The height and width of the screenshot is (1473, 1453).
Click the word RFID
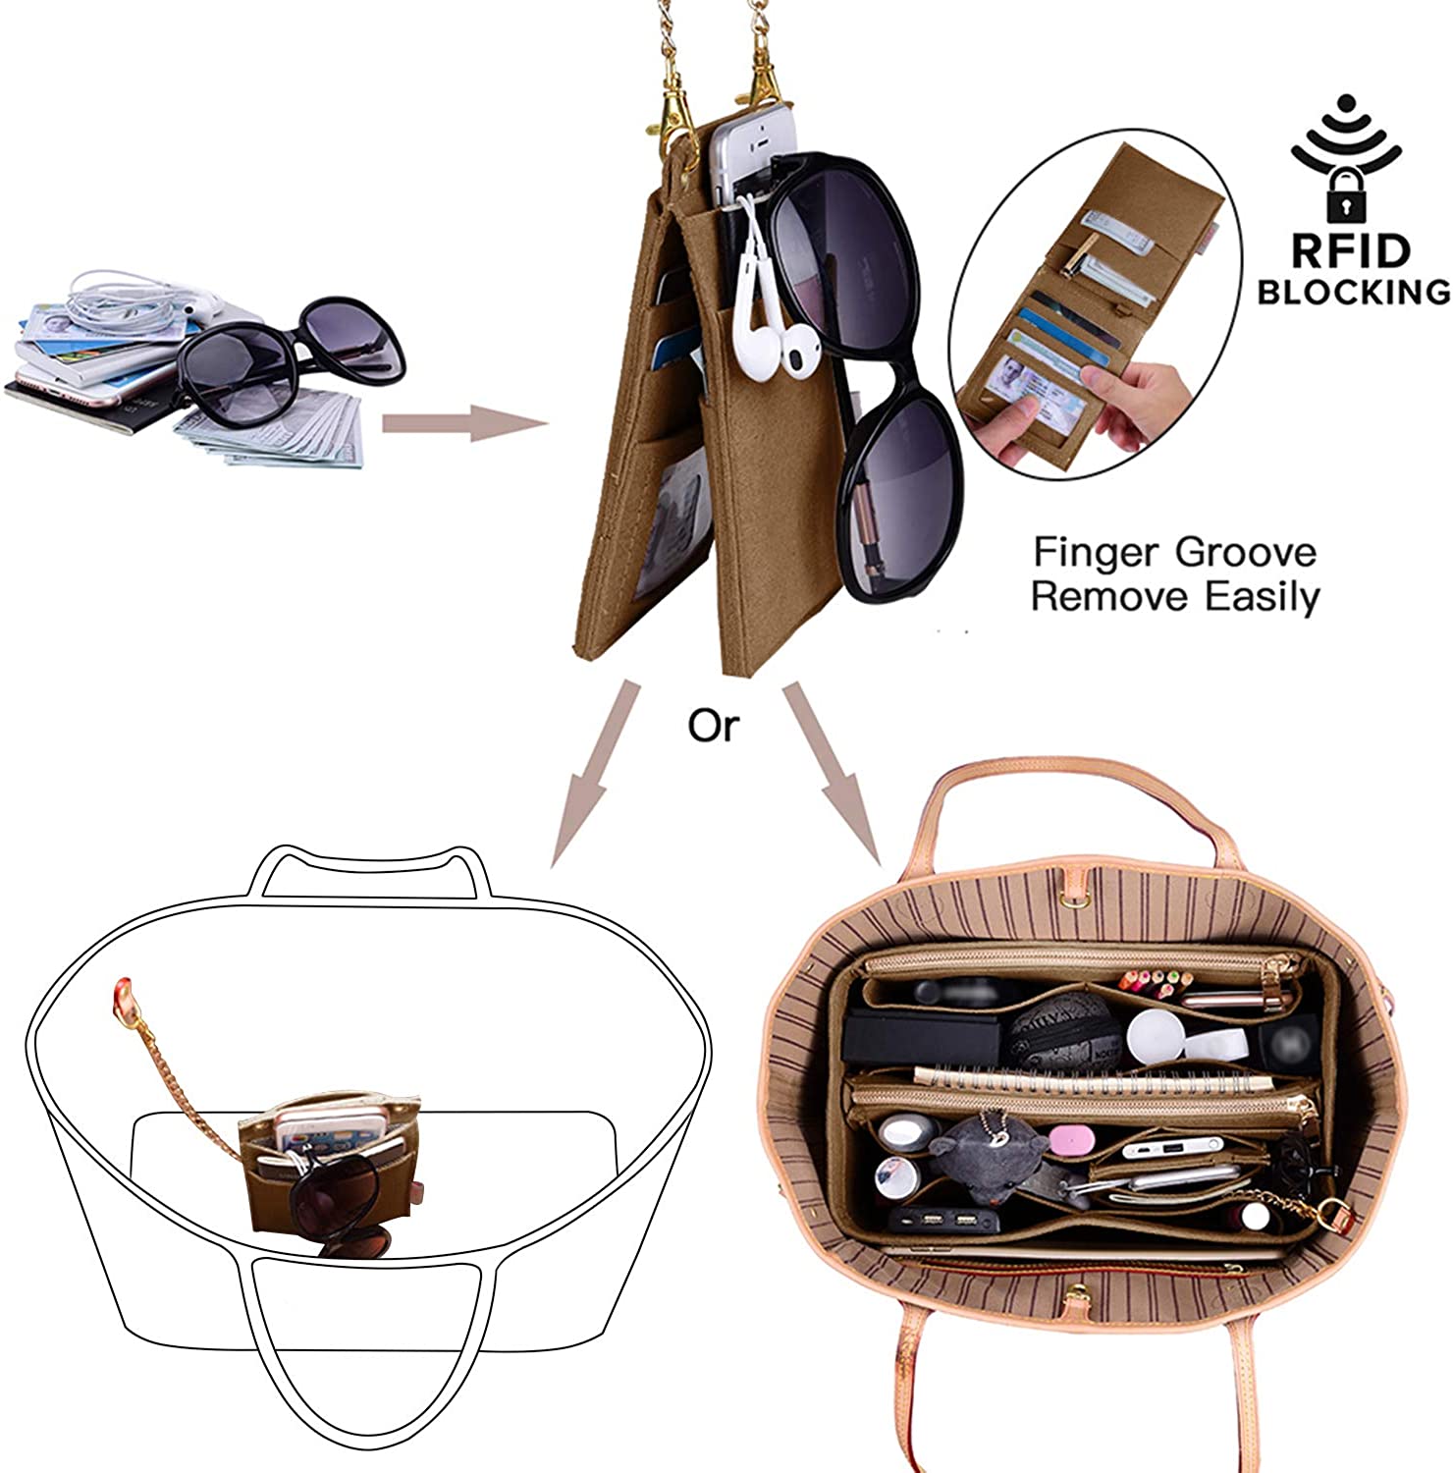pyautogui.click(x=1350, y=251)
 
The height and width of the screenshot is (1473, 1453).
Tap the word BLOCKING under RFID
pyautogui.click(x=1354, y=292)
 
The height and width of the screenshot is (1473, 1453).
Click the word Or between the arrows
pyautogui.click(x=713, y=726)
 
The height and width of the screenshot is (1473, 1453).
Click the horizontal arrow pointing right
pyautogui.click(x=463, y=422)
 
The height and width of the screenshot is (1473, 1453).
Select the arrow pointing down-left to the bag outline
pyautogui.click(x=591, y=775)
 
